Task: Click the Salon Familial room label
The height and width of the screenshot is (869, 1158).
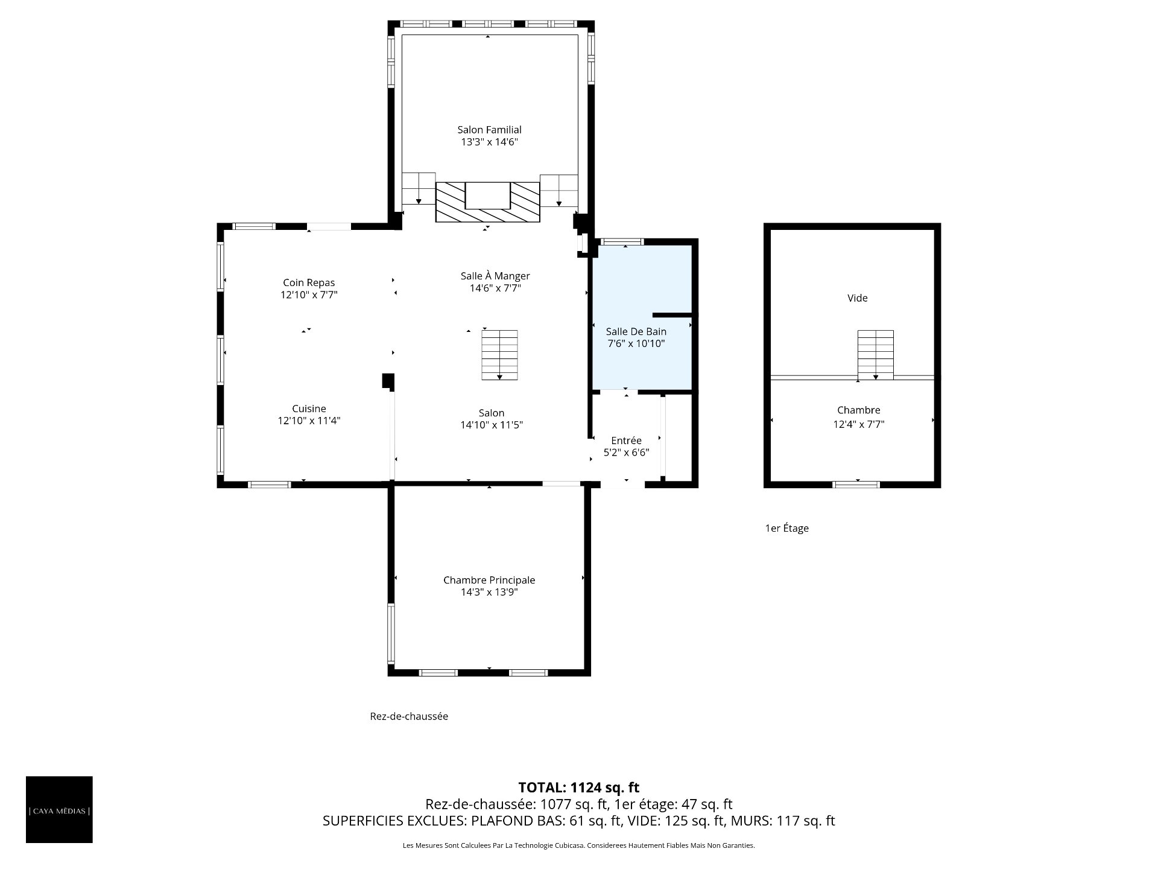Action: click(x=489, y=130)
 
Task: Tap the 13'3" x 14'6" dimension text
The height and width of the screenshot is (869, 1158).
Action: click(x=489, y=142)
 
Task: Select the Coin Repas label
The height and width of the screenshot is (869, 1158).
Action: click(x=309, y=282)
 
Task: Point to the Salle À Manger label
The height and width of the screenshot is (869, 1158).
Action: click(x=495, y=276)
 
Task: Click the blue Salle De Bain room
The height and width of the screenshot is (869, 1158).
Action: click(x=642, y=317)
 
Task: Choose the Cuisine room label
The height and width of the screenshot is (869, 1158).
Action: click(x=309, y=409)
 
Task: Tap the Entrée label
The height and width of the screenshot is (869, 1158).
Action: click(x=626, y=441)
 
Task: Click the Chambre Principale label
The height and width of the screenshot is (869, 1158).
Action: click(x=489, y=580)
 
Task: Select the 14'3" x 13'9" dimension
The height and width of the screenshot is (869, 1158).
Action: click(x=489, y=593)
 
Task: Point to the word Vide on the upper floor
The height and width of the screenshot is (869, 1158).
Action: click(x=858, y=298)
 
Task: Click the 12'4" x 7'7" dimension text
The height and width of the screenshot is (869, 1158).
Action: click(x=859, y=424)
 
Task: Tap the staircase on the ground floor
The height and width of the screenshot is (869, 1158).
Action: click(x=499, y=355)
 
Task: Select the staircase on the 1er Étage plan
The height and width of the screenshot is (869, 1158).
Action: click(x=876, y=355)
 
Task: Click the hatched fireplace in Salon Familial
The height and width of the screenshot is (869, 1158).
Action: click(x=488, y=202)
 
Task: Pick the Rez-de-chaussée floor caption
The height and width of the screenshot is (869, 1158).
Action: click(x=409, y=716)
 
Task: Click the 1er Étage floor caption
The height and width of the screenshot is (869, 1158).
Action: click(x=786, y=529)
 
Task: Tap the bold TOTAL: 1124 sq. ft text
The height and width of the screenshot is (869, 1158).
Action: click(x=579, y=788)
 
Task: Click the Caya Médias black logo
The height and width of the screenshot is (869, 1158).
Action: click(x=59, y=809)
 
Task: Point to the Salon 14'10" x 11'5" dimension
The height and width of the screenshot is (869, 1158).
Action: click(x=492, y=425)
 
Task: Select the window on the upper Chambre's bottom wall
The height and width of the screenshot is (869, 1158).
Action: click(x=856, y=484)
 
